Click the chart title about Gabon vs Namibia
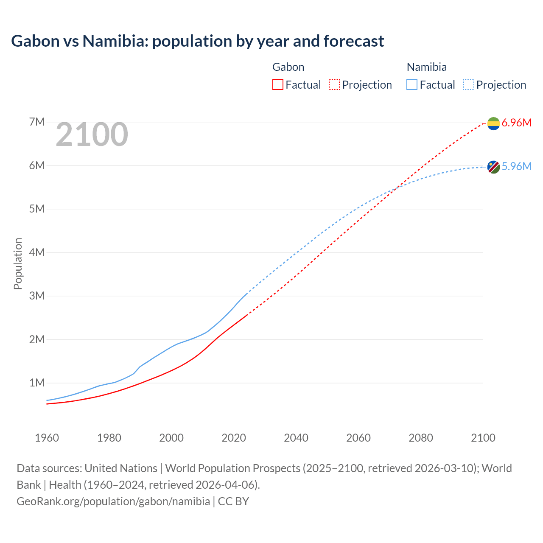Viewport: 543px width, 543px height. coord(197,41)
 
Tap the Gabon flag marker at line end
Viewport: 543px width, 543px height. coord(493,123)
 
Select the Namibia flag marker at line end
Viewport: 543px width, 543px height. coord(493,167)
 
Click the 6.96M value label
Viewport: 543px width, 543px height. coord(516,123)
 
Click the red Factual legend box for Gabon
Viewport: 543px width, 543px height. coord(278,84)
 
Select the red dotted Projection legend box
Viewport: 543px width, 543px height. coord(334,84)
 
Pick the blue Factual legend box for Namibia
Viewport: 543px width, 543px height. coord(412,84)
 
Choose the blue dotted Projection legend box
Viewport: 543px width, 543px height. coord(468,84)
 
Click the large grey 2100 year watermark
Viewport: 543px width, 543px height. coord(92,134)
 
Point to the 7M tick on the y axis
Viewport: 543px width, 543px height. coord(37,122)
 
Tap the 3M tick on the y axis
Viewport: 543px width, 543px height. coord(37,296)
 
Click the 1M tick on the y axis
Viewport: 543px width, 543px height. coord(37,383)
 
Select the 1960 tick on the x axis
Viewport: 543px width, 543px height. coord(47,438)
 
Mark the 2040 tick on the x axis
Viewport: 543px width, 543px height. coord(296,438)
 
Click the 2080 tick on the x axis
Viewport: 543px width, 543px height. coord(421,438)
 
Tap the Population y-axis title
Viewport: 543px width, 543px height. coord(18,263)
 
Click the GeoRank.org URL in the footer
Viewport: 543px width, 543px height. coord(113,501)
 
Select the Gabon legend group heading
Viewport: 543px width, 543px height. coord(288,67)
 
